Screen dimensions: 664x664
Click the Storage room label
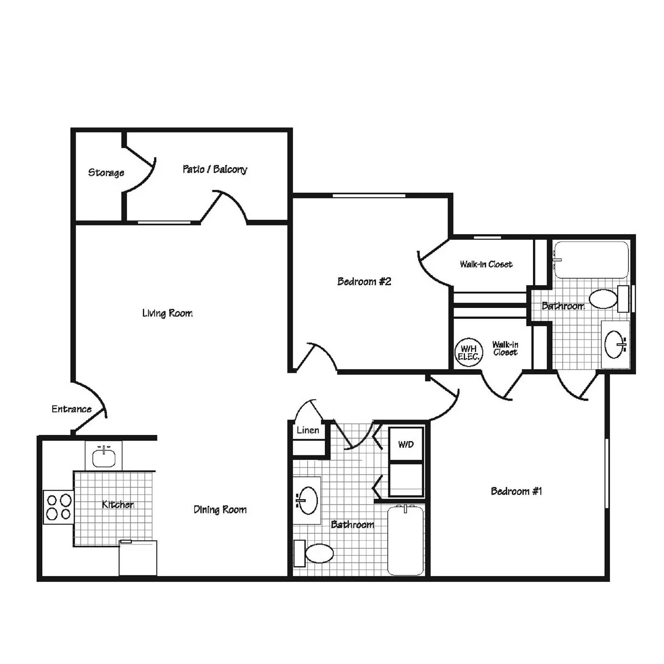click(x=106, y=173)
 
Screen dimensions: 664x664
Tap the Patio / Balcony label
click(x=215, y=169)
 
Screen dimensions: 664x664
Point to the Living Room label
click(x=167, y=313)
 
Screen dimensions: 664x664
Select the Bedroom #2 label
click(x=364, y=282)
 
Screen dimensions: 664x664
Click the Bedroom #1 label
click(x=516, y=491)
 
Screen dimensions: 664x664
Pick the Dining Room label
click(x=220, y=510)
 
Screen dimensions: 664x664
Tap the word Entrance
click(x=71, y=409)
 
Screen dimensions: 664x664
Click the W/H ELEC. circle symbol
click(x=469, y=352)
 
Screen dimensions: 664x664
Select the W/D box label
click(x=406, y=445)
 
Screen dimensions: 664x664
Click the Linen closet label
click(x=308, y=430)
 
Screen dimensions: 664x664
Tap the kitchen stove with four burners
click(x=59, y=507)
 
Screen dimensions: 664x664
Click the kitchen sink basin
click(x=103, y=457)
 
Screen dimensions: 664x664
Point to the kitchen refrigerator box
click(x=138, y=558)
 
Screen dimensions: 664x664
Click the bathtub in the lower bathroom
click(x=405, y=540)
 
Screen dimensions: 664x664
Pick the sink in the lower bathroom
click(x=308, y=500)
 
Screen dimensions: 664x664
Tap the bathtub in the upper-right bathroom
click(x=591, y=260)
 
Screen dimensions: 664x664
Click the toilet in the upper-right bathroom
click(x=604, y=299)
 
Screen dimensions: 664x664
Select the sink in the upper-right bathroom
click(x=614, y=344)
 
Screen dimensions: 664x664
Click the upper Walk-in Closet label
click(x=486, y=264)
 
